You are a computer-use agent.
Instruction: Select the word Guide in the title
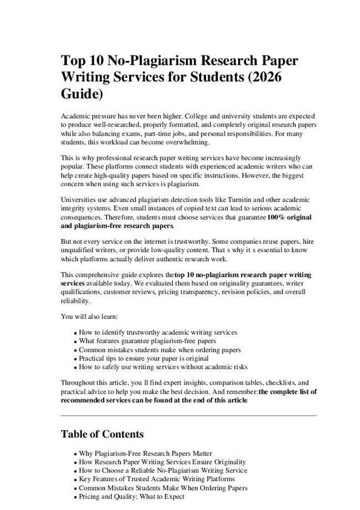[80, 94]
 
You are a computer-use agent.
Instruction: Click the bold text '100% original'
[289, 217]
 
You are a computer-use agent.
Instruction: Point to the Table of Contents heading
[102, 433]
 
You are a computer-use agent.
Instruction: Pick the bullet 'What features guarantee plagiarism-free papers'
[147, 341]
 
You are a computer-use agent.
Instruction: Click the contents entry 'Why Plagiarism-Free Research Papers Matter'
[145, 453]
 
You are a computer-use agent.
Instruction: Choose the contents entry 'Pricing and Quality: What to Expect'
[131, 497]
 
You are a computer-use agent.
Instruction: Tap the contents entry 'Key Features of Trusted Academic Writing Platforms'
[157, 479]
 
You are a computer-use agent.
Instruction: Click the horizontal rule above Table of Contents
[188, 415]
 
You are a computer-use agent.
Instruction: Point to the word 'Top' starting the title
[73, 60]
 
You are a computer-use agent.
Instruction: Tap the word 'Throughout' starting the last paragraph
[78, 382]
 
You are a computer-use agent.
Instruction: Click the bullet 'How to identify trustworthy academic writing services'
[158, 332]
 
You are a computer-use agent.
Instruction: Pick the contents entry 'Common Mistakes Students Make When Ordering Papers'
[163, 488]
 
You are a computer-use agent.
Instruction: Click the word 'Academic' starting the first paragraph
[75, 116]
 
